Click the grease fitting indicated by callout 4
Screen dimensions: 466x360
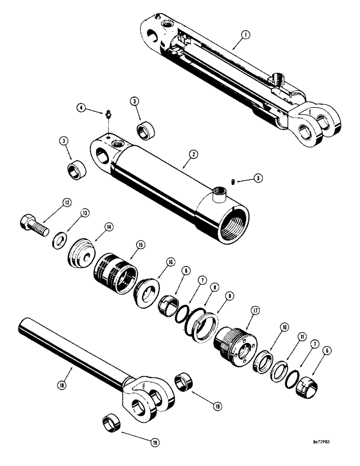109,113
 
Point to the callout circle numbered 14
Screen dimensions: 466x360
109,227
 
